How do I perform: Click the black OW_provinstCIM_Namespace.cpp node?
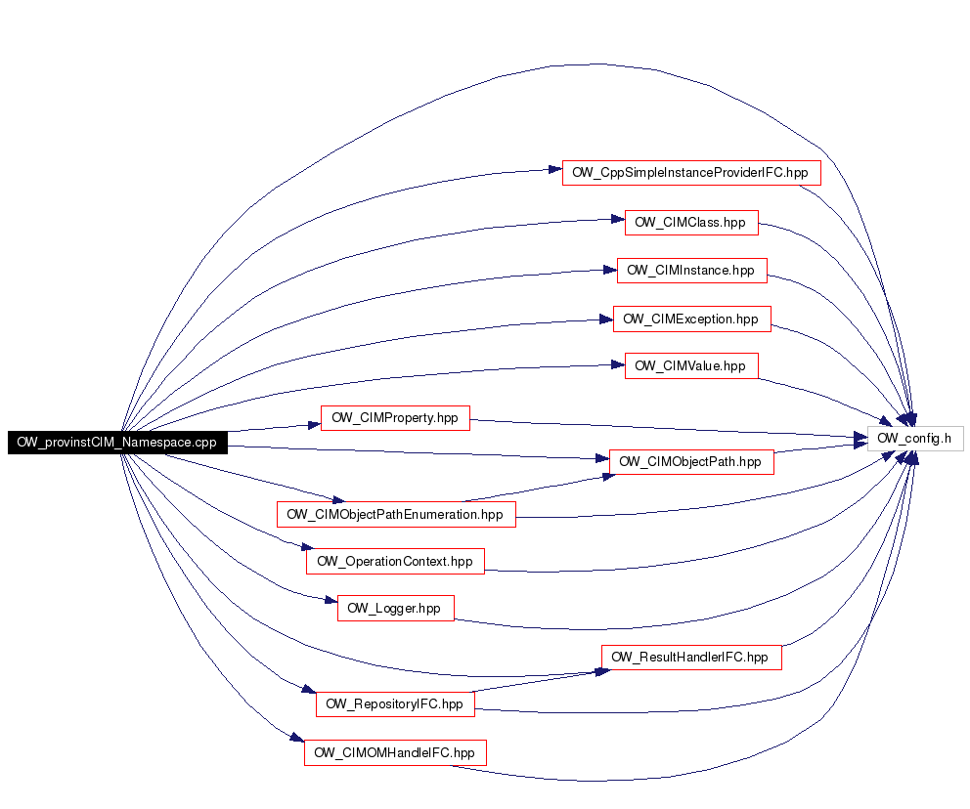(x=117, y=443)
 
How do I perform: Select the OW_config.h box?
(x=915, y=438)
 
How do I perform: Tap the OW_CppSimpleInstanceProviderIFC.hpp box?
(x=691, y=172)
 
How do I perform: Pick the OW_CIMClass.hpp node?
(x=691, y=223)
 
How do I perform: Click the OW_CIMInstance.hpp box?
(x=691, y=271)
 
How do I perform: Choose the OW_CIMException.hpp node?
(x=691, y=319)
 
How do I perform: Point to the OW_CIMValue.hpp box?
(x=691, y=365)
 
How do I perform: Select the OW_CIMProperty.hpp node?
(x=395, y=418)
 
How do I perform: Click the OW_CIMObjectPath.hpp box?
(x=691, y=462)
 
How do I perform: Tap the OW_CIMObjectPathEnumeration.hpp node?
(x=396, y=514)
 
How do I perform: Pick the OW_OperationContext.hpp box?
(x=395, y=561)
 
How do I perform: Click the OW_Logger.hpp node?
(x=395, y=608)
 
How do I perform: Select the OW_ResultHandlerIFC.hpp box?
(x=691, y=657)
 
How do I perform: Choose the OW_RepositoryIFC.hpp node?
(x=395, y=703)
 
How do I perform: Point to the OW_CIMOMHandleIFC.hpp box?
(x=395, y=752)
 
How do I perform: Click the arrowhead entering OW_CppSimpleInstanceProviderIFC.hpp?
(x=554, y=169)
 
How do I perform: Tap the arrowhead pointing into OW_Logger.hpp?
(x=331, y=600)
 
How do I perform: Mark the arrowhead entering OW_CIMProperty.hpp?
(x=314, y=425)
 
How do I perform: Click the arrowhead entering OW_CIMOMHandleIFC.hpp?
(x=297, y=738)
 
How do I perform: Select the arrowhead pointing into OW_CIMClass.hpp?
(x=618, y=219)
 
